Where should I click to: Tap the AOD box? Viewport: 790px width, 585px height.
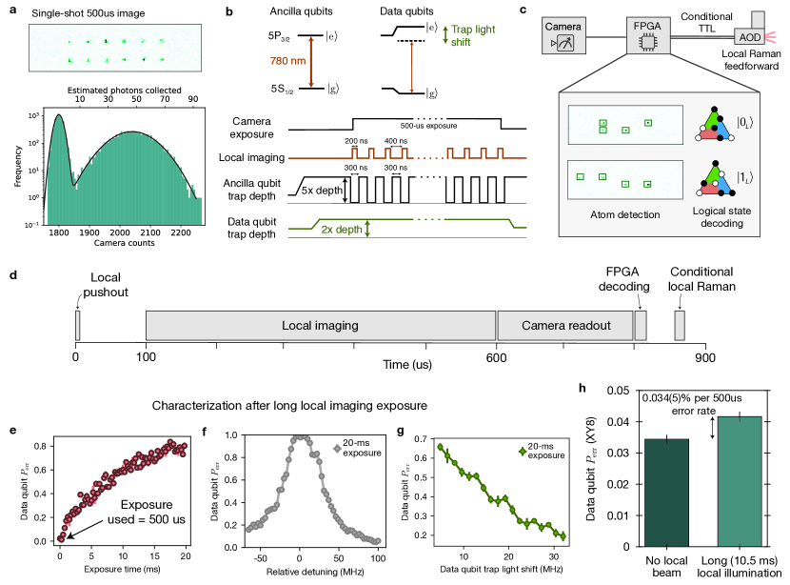(x=749, y=37)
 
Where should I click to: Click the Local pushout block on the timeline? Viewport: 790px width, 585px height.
(x=77, y=325)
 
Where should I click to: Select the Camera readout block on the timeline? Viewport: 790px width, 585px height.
(x=565, y=325)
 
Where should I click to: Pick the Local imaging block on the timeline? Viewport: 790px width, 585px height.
(x=321, y=325)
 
